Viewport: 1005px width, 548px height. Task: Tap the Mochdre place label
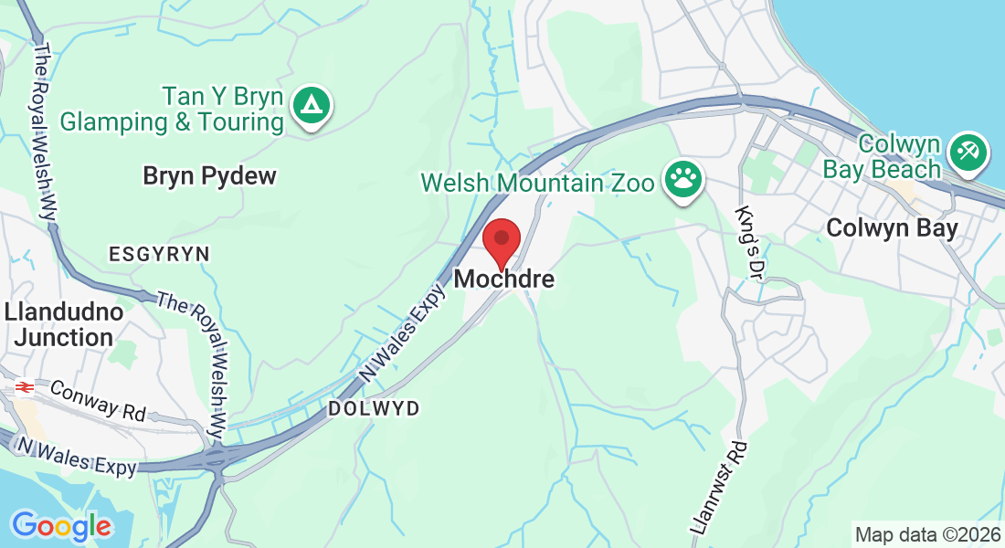click(x=503, y=279)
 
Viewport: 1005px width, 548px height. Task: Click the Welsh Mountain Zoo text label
click(x=537, y=183)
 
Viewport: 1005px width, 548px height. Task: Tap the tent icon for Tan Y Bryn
click(x=312, y=107)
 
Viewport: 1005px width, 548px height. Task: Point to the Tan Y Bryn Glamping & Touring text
click(x=172, y=109)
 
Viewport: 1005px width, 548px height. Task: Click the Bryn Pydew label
click(x=209, y=176)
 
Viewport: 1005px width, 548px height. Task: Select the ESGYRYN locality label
click(x=159, y=254)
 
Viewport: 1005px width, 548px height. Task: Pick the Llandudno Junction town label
click(x=64, y=324)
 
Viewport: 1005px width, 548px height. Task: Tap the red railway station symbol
click(x=24, y=387)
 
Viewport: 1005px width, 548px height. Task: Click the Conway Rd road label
click(x=98, y=400)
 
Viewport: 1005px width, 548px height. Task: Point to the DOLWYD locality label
click(x=375, y=409)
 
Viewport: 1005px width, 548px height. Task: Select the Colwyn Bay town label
click(x=892, y=228)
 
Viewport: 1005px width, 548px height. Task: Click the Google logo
click(x=61, y=526)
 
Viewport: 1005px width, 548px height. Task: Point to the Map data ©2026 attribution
click(x=927, y=533)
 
